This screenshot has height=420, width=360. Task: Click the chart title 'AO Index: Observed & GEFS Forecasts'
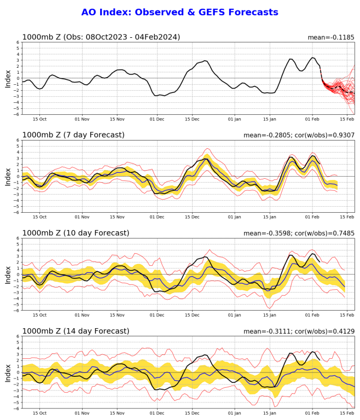(x=179, y=12)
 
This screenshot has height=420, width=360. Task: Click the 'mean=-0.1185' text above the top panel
(x=331, y=37)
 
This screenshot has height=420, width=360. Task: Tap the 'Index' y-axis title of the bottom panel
(x=8, y=372)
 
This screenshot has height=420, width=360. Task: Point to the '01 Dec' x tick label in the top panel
(x=157, y=120)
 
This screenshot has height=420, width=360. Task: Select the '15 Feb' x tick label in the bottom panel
(x=346, y=413)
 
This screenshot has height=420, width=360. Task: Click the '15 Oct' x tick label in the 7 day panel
(x=39, y=218)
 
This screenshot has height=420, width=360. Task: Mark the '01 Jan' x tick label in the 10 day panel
(x=234, y=316)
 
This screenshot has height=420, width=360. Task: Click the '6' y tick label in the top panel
(x=18, y=42)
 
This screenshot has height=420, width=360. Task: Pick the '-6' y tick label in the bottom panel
(x=16, y=408)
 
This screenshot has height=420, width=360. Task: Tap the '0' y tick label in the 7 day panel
(x=18, y=176)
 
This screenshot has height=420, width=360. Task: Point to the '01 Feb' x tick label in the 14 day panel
(x=312, y=413)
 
